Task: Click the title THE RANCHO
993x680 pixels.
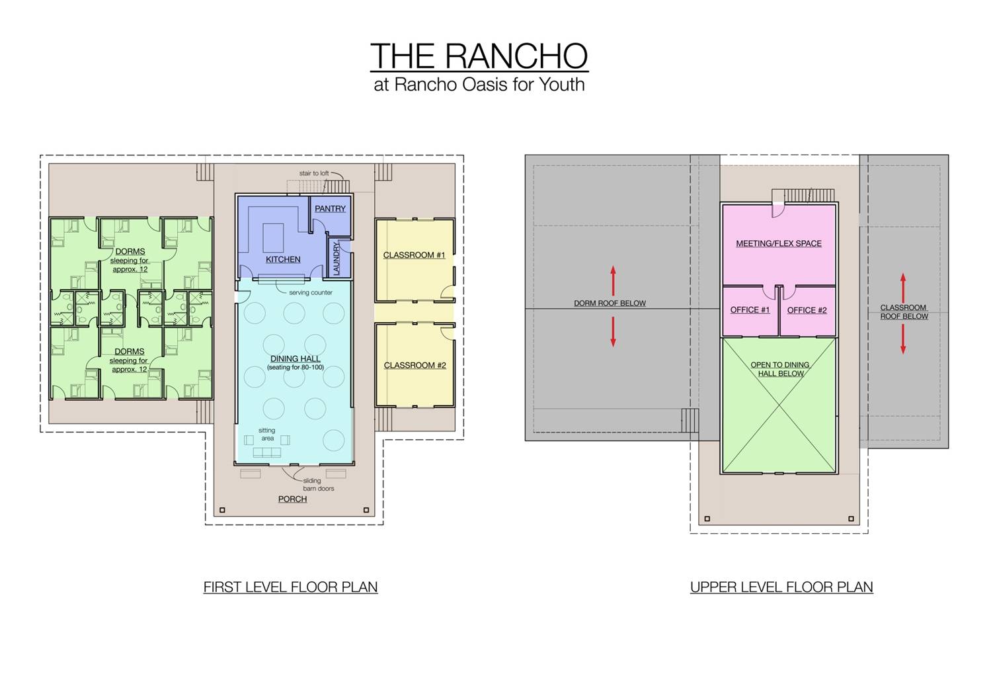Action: (x=479, y=56)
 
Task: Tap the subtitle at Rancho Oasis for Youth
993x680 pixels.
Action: (x=479, y=85)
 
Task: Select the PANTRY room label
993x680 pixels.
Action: (x=330, y=208)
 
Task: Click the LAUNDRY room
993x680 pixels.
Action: (x=337, y=258)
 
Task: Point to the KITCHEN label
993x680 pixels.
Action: (x=283, y=259)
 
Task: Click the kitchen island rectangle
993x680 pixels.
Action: (x=273, y=237)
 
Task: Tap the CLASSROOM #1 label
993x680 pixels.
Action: (x=414, y=255)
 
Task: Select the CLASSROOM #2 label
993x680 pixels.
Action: (x=415, y=365)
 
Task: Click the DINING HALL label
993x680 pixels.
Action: (x=295, y=359)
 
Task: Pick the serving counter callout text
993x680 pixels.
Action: (x=310, y=292)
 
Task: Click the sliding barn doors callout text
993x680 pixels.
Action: (x=318, y=485)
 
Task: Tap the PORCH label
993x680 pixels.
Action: (x=292, y=499)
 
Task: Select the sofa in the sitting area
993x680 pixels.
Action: (x=267, y=452)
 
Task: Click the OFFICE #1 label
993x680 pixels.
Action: (x=750, y=310)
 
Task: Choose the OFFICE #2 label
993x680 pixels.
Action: (x=807, y=310)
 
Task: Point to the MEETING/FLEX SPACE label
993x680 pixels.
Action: (x=779, y=243)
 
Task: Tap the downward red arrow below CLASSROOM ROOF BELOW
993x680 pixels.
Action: (x=903, y=339)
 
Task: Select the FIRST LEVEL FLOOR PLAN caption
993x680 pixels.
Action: (x=290, y=587)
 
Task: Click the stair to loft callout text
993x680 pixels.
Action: (x=314, y=173)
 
